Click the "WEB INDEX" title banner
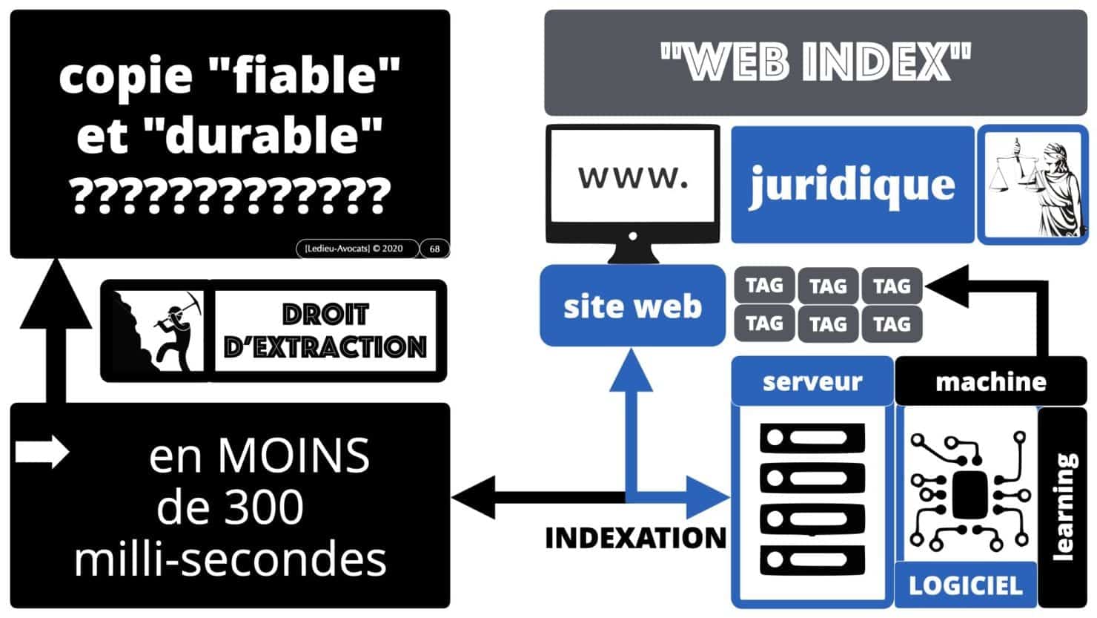(815, 62)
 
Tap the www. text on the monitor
(632, 178)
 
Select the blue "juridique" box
(852, 184)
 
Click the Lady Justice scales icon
(1033, 184)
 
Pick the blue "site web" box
(632, 306)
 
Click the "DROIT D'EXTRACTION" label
(325, 331)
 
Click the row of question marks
(230, 195)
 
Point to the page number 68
(434, 249)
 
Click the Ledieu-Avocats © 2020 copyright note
(354, 249)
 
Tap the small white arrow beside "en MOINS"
(42, 452)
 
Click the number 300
(264, 507)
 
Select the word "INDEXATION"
(635, 538)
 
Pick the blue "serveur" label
(812, 381)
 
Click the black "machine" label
(990, 381)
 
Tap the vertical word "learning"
(1064, 504)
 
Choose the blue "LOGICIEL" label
(965, 585)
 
